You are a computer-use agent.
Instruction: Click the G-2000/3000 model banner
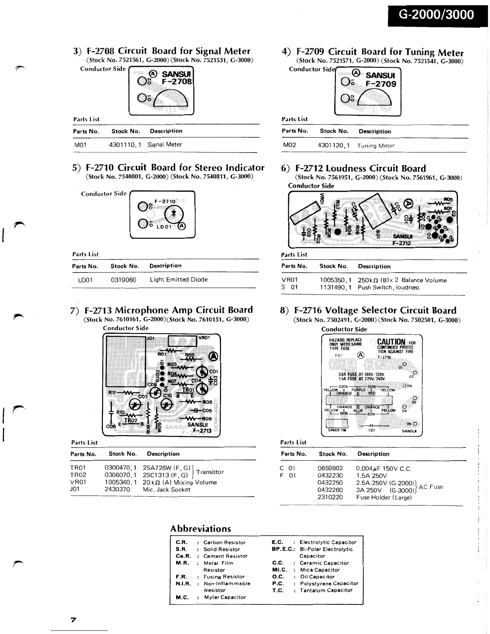point(437,15)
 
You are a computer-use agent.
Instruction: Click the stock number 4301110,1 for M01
point(125,144)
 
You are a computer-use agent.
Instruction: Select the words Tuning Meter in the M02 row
point(376,146)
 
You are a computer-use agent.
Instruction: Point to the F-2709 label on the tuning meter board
point(381,84)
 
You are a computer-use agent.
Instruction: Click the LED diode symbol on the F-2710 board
point(173,213)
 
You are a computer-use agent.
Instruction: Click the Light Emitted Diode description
point(179,280)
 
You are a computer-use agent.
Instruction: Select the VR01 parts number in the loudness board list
point(289,280)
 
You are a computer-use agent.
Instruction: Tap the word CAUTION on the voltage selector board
point(391,342)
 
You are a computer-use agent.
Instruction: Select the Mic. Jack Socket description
point(167,490)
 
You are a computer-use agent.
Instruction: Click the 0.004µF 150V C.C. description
point(384,469)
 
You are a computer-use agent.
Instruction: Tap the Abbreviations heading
point(201,528)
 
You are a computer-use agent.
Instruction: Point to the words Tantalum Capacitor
point(326,590)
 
